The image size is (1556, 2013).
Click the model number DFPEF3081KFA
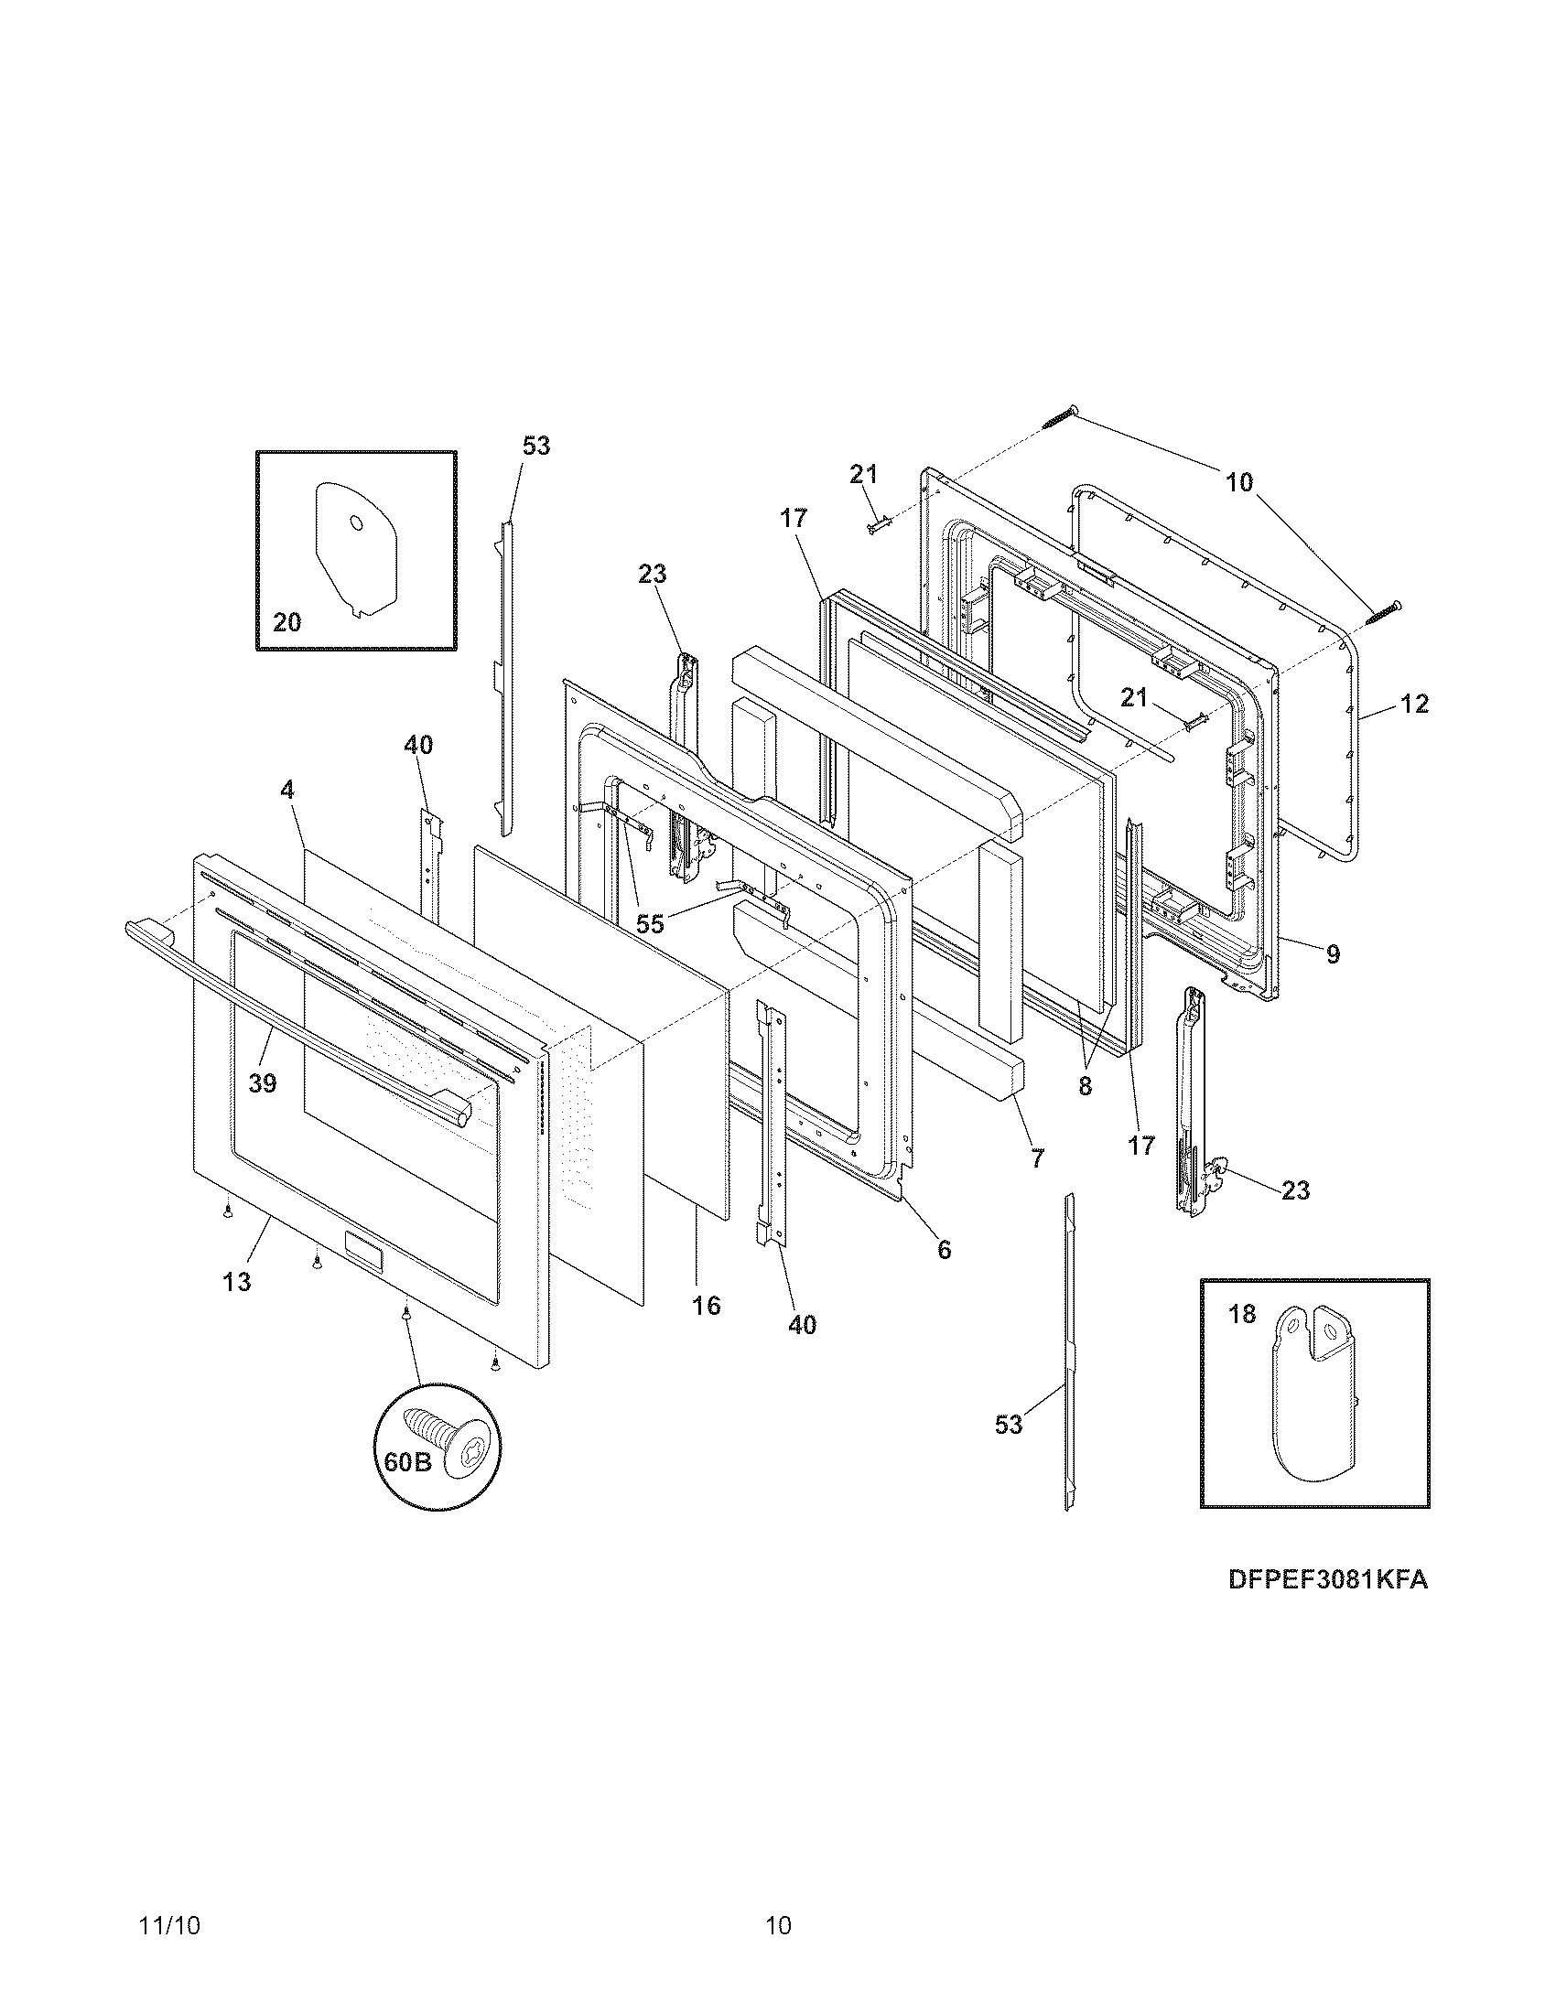pyautogui.click(x=1327, y=1580)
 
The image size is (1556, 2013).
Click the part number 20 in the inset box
pyautogui.click(x=286, y=623)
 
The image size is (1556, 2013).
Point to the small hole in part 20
pyautogui.click(x=357, y=522)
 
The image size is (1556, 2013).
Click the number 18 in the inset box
pyautogui.click(x=1242, y=1314)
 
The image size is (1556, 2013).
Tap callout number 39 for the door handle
pyautogui.click(x=263, y=1084)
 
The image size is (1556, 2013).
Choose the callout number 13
pyautogui.click(x=237, y=1282)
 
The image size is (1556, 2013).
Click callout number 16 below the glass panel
pyautogui.click(x=706, y=1306)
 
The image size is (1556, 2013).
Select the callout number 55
pyautogui.click(x=650, y=924)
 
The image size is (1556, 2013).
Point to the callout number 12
pyautogui.click(x=1414, y=705)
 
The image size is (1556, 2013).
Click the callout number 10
pyautogui.click(x=1240, y=481)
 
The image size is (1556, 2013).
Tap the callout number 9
pyautogui.click(x=1333, y=954)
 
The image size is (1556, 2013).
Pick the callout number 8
pyautogui.click(x=1085, y=1087)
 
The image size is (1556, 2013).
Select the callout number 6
pyautogui.click(x=944, y=1250)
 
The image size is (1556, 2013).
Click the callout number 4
pyautogui.click(x=287, y=790)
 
